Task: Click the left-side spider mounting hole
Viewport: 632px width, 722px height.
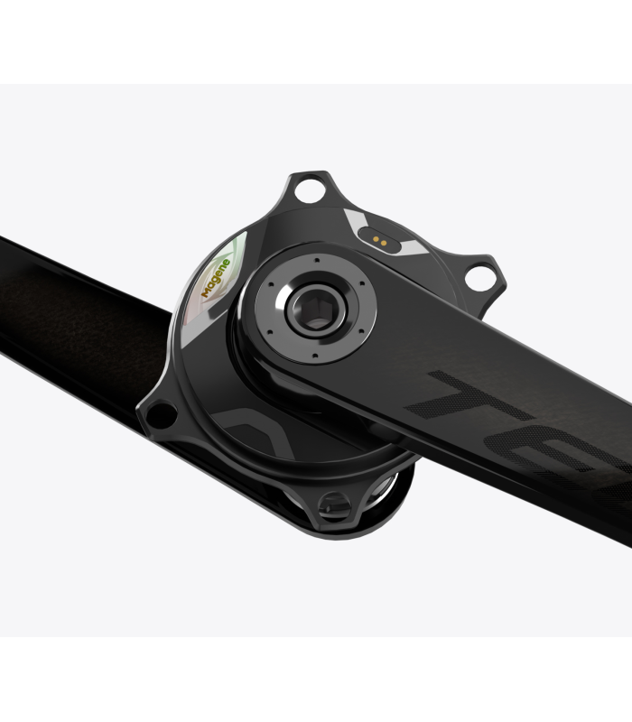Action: (x=161, y=415)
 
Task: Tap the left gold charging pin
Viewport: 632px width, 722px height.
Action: (x=374, y=239)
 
